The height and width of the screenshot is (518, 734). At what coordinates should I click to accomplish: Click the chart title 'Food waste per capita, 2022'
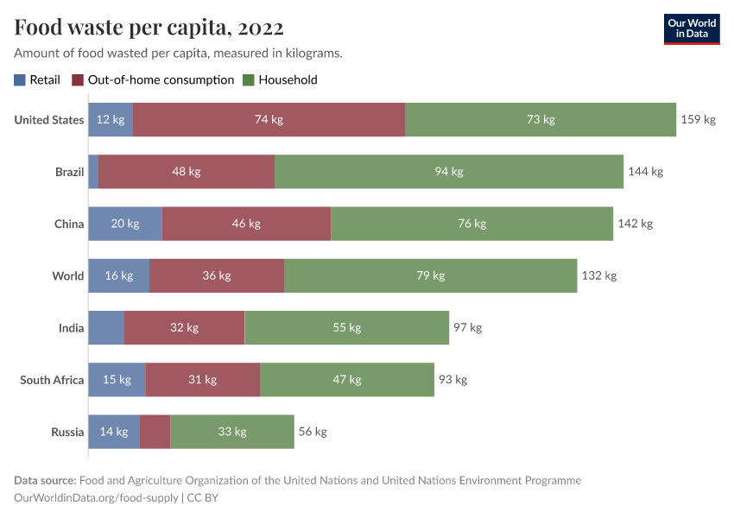[x=149, y=28]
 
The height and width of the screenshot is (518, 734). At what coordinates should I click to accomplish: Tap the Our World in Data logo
[x=691, y=28]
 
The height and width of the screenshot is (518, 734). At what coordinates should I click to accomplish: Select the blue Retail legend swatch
[x=20, y=80]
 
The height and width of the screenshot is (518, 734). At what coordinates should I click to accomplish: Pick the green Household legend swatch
[x=249, y=80]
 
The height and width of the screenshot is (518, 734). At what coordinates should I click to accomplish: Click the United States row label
[x=49, y=120]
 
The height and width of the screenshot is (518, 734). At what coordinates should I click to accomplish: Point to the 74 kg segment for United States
[x=269, y=120]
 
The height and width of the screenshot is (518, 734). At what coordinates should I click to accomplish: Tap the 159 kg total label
[x=698, y=120]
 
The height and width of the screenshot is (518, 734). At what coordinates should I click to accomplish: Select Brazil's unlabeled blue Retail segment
[x=93, y=172]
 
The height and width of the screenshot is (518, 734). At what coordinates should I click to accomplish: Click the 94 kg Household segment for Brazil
[x=449, y=172]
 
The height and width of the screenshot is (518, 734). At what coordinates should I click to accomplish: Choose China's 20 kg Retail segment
[x=124, y=224]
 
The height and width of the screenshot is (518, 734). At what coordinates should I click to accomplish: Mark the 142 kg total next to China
[x=635, y=224]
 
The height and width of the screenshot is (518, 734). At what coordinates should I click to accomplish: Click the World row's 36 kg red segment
[x=217, y=275]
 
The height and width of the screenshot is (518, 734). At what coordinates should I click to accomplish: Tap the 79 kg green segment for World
[x=430, y=275]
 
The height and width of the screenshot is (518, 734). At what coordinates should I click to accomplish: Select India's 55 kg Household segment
[x=346, y=328]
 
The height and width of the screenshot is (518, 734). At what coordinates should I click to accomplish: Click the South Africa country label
[x=52, y=380]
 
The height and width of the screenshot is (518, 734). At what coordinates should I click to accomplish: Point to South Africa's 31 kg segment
[x=202, y=380]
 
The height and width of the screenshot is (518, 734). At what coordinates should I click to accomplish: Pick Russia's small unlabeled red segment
[x=155, y=432]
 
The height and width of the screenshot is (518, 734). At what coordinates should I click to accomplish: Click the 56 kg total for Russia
[x=313, y=432]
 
